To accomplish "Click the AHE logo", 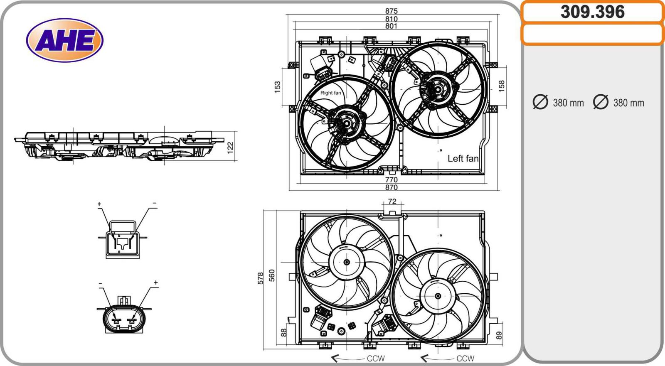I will click(x=64, y=40).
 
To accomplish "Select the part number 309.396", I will click(x=592, y=12).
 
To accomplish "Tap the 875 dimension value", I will click(x=391, y=11).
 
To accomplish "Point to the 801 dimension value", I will click(x=391, y=26).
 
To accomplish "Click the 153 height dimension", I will click(x=278, y=87).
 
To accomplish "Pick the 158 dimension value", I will click(x=502, y=86).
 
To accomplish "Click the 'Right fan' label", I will click(x=330, y=93).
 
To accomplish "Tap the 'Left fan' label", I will click(x=463, y=158).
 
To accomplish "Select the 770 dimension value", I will click(x=391, y=180).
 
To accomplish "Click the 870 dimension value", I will click(x=391, y=187).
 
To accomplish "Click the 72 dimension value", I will click(x=392, y=201).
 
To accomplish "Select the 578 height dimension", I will click(x=261, y=278).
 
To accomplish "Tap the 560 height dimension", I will click(x=272, y=275).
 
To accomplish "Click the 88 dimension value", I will click(x=284, y=332).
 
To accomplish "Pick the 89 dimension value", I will click(x=499, y=335).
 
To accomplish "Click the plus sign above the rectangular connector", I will click(x=99, y=204).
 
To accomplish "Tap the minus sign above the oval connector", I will click(x=101, y=283).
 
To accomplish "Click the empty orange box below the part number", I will click(x=592, y=34).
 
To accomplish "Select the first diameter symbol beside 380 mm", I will click(x=540, y=102).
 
